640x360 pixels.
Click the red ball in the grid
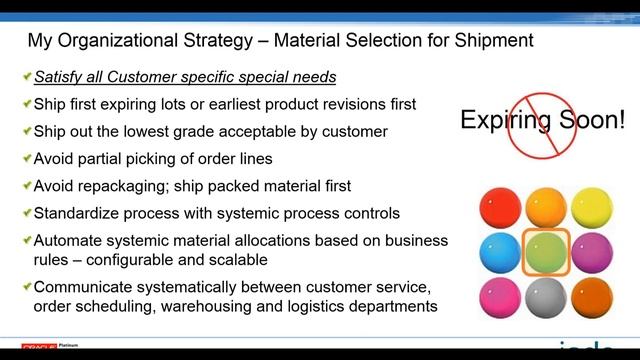[x=501, y=206]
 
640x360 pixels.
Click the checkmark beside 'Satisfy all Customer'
[x=25, y=78]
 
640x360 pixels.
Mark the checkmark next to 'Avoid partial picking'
[x=25, y=159]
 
